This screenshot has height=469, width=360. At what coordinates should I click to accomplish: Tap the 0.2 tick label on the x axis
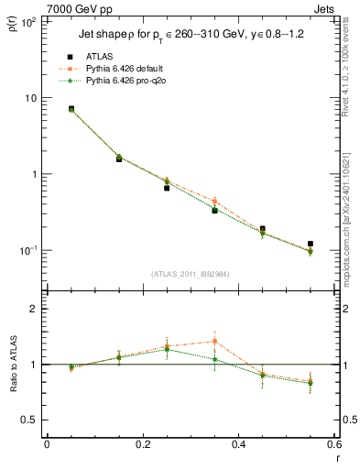142,444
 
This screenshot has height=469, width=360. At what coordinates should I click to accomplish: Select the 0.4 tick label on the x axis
238,444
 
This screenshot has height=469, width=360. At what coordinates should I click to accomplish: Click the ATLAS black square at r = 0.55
311,244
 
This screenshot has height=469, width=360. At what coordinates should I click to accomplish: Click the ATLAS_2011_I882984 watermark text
191,274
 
